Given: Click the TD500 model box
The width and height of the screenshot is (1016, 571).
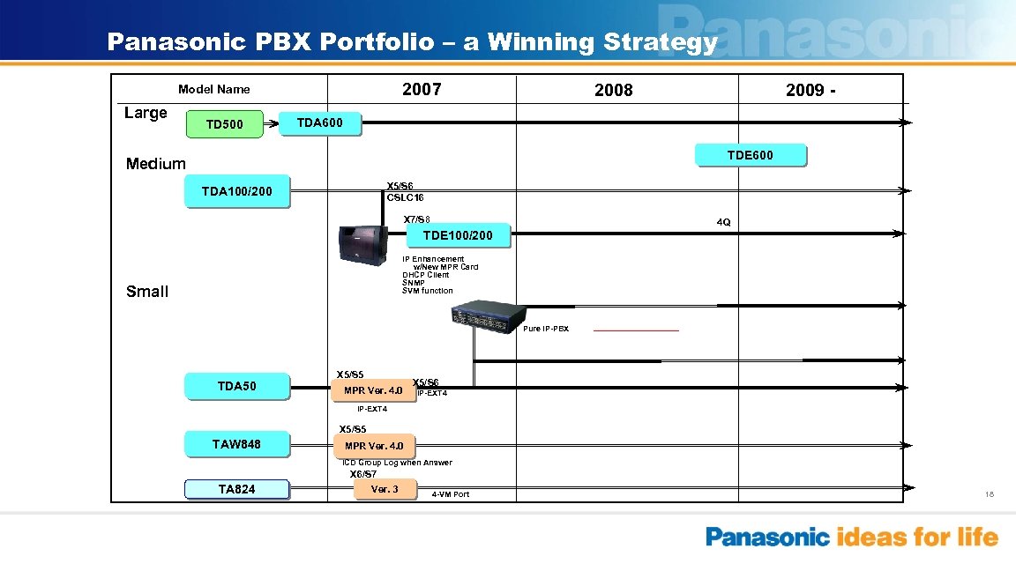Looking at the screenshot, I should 224,124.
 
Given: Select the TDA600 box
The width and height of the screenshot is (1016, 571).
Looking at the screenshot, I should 319,123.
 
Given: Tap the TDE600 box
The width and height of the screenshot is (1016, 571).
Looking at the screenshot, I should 750,155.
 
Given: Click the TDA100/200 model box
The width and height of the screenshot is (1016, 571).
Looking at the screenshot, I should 236,191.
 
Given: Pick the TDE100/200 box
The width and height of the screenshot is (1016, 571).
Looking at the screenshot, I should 458,235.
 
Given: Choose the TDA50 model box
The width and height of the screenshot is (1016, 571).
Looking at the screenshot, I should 236,386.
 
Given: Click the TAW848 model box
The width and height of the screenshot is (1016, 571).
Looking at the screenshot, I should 236,444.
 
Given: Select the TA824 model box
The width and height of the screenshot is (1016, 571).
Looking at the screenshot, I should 236,489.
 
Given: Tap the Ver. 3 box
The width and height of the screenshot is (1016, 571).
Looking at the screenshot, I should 385,489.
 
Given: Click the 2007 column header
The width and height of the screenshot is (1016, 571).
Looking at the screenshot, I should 422,90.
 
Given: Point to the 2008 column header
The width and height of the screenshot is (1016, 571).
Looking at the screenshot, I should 613,91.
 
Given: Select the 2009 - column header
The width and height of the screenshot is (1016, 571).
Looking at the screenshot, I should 813,91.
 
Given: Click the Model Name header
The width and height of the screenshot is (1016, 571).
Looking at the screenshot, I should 213,89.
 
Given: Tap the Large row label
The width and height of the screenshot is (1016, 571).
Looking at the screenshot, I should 146,113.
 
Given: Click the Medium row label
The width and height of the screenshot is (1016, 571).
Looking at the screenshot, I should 156,163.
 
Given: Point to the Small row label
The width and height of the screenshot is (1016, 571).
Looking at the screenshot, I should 147,292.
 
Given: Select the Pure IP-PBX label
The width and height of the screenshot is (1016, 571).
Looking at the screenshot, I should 546,329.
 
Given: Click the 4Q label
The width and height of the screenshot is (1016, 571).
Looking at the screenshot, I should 723,222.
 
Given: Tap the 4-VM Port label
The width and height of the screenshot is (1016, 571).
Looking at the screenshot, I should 451,494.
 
